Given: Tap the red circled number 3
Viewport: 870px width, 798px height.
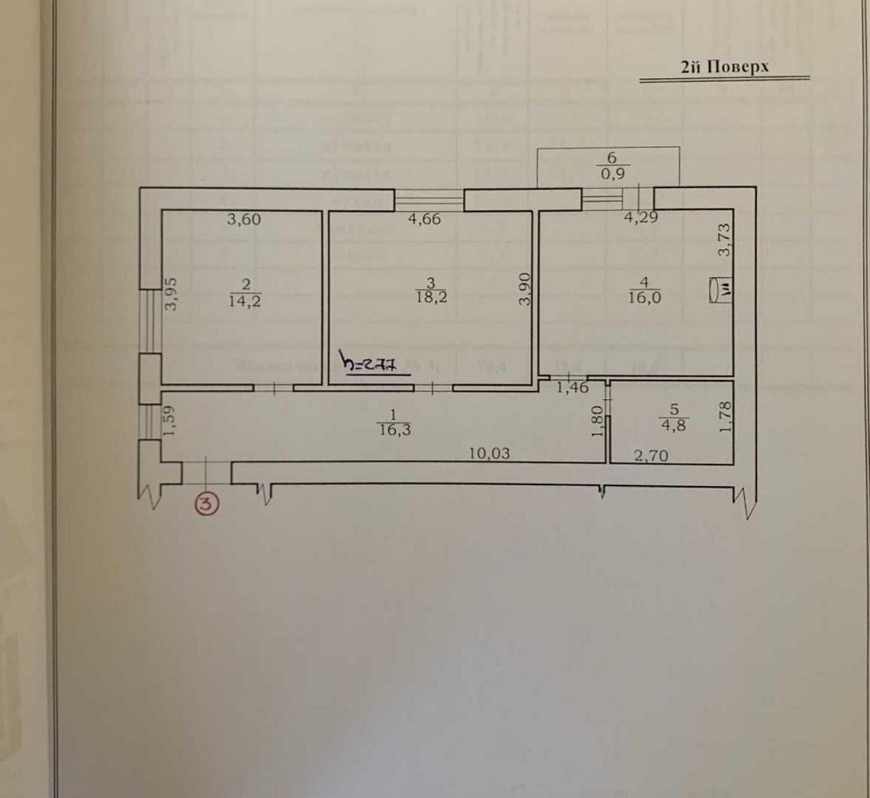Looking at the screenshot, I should tap(207, 502).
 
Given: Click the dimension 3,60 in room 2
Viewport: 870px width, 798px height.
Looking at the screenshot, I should tap(244, 220).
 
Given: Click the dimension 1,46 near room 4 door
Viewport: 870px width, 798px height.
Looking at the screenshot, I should tap(572, 389).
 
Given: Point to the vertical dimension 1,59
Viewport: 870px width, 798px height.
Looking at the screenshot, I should tap(171, 421).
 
